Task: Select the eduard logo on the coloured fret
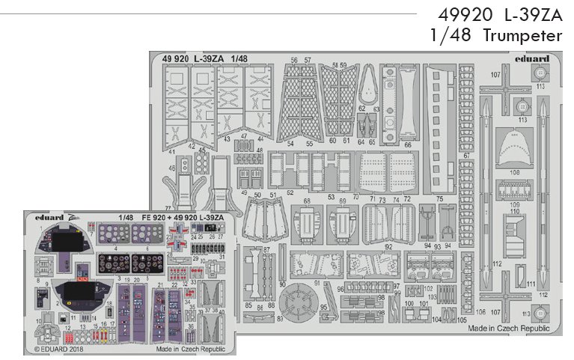click(50, 216)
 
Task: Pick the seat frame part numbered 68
click(307, 224)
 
